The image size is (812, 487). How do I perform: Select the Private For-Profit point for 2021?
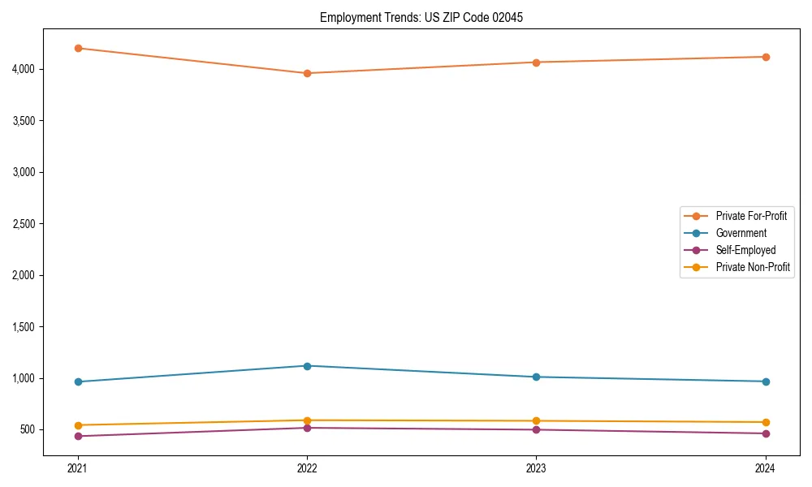(x=78, y=48)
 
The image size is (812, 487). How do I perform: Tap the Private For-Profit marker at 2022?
(x=307, y=73)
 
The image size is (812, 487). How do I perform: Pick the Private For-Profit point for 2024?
(x=765, y=57)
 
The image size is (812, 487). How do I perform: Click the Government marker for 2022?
(x=307, y=366)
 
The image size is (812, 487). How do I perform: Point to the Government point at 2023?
(x=536, y=377)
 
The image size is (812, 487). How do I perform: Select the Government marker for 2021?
(x=78, y=381)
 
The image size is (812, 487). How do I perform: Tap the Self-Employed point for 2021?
(x=78, y=436)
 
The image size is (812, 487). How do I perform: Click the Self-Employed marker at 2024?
(x=765, y=433)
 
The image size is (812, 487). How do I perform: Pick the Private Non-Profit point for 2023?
(x=536, y=421)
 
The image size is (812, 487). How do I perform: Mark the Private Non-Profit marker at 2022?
(x=307, y=420)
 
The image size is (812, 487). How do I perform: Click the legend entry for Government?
(x=741, y=233)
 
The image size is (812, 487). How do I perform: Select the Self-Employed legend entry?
(x=745, y=250)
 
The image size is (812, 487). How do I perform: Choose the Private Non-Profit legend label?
(x=753, y=267)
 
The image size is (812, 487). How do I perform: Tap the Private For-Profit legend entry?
(x=751, y=216)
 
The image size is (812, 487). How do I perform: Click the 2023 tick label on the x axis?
(x=536, y=468)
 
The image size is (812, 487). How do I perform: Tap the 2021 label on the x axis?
(x=78, y=468)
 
